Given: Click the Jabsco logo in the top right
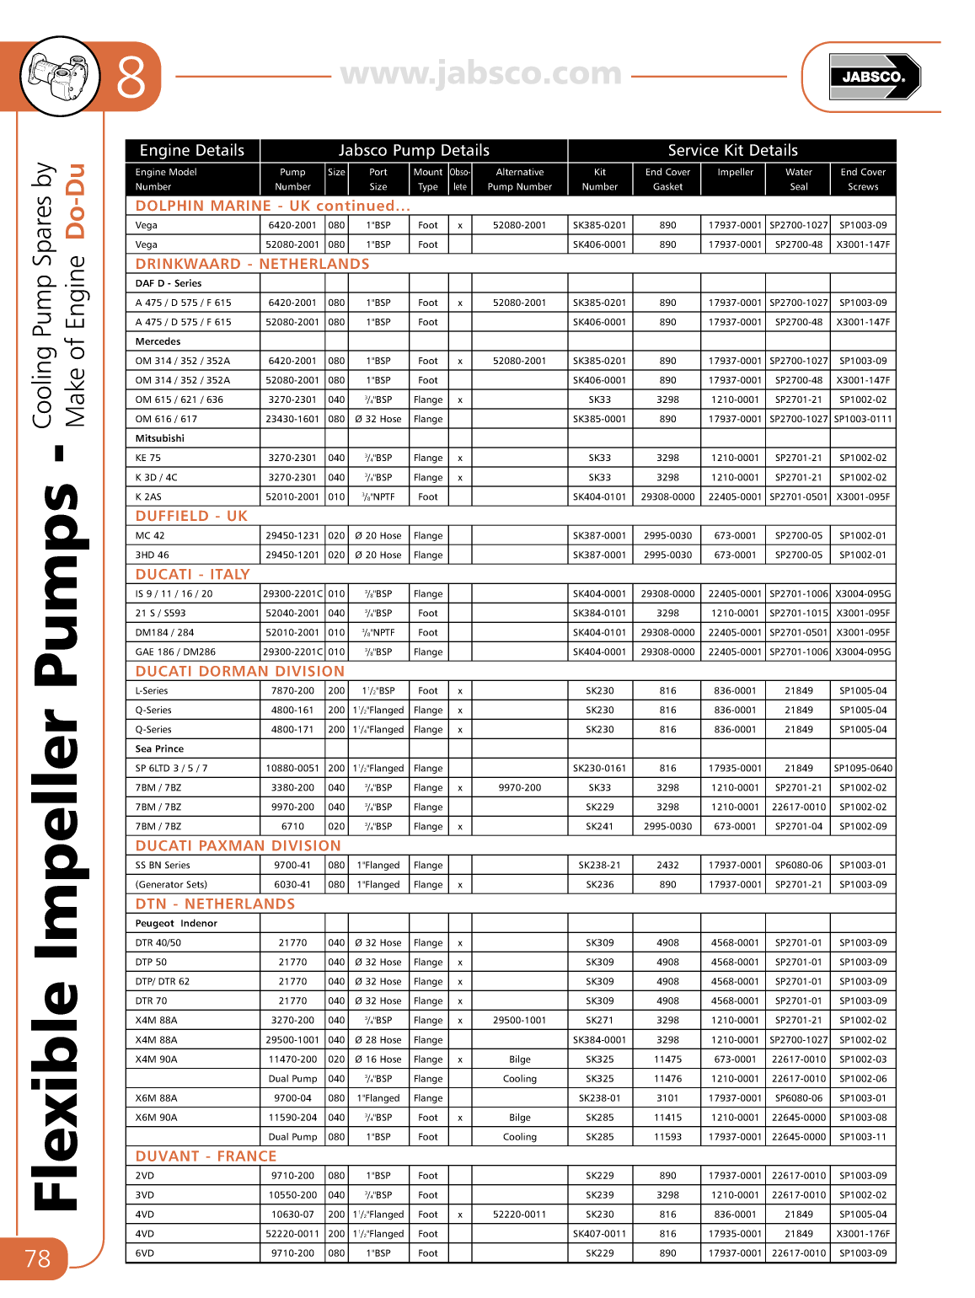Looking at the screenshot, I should click(x=874, y=77).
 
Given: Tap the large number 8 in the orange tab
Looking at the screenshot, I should click(x=131, y=78).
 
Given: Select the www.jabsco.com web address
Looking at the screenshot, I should click(x=481, y=74).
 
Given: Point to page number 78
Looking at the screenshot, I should click(x=37, y=1258).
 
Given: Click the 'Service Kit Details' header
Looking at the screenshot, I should click(x=732, y=151).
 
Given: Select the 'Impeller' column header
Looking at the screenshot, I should click(x=735, y=172).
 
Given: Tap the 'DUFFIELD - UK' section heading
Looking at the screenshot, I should click(x=191, y=516).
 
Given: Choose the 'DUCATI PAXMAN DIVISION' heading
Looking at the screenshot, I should click(x=238, y=845).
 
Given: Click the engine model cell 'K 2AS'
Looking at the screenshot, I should click(x=148, y=497).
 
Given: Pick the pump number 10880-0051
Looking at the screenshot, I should click(x=292, y=769).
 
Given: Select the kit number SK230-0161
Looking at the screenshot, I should click(x=599, y=769).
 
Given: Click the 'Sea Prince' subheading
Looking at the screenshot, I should click(x=159, y=749).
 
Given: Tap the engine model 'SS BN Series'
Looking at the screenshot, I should click(x=163, y=866).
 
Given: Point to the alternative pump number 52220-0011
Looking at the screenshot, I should click(x=519, y=1215).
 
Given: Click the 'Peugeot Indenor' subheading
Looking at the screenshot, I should click(x=176, y=924).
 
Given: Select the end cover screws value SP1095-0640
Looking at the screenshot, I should click(x=862, y=769).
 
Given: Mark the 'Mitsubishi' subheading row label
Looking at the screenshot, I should click(x=159, y=438).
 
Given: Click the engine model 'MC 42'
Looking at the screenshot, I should click(x=150, y=536).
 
